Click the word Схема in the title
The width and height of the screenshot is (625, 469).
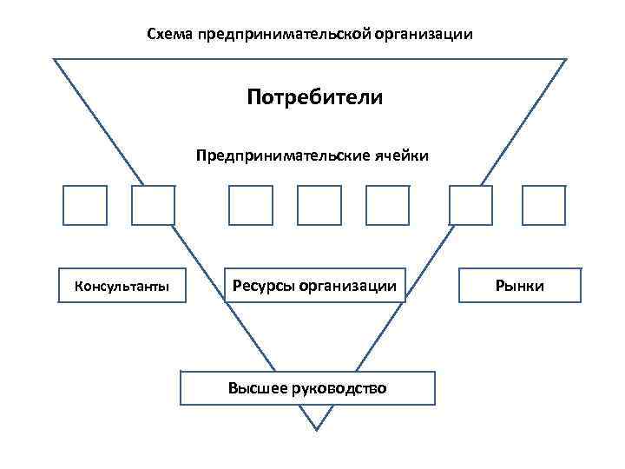point(169,36)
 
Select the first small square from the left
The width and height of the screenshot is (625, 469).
point(85,206)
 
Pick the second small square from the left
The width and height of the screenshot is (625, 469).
point(153,206)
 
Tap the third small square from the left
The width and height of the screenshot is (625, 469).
point(250,206)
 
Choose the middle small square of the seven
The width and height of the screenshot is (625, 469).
point(319,206)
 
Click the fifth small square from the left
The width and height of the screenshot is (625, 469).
point(387,206)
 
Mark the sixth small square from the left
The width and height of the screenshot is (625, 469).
point(470,206)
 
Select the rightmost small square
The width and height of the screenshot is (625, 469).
point(543,206)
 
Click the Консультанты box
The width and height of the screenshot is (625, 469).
point(122,285)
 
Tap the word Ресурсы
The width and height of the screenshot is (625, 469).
point(262,285)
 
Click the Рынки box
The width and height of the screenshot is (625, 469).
point(520,285)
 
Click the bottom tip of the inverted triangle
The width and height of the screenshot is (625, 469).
point(317,428)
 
